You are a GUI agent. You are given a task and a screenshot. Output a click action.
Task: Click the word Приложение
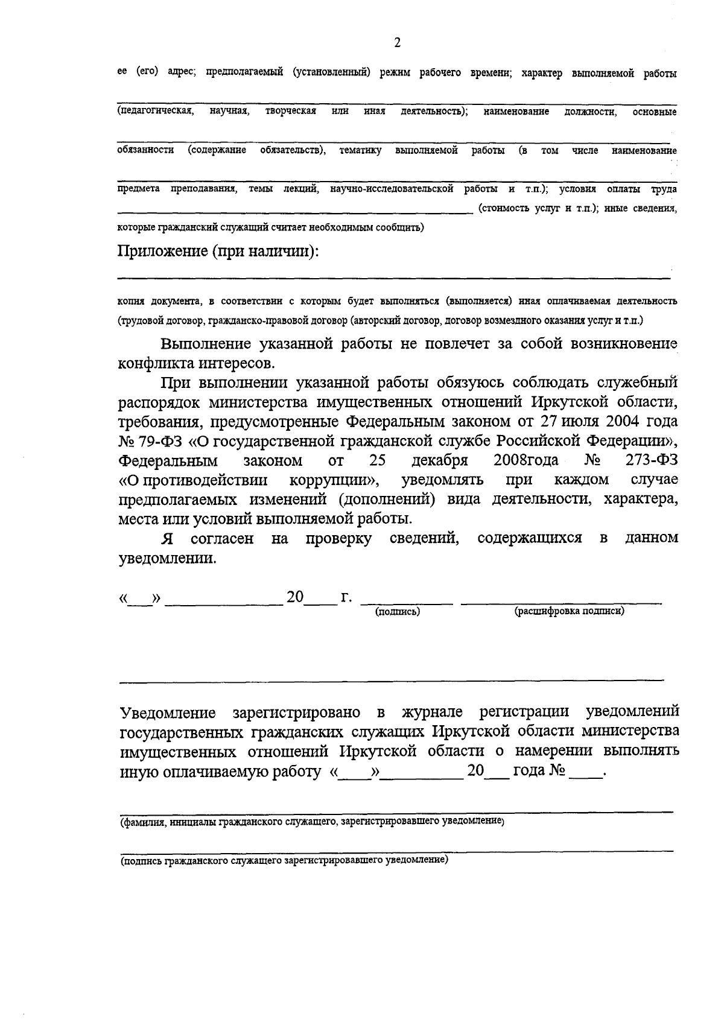click(161, 250)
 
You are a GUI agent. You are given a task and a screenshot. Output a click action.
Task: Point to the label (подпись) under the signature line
click(398, 611)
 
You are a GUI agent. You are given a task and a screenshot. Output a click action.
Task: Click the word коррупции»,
click(334, 480)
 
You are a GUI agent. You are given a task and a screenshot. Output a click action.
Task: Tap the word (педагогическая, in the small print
click(155, 112)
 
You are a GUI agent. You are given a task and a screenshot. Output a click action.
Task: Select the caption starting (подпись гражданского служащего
click(284, 860)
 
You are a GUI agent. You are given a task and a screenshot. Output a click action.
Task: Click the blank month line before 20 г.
click(223, 601)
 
